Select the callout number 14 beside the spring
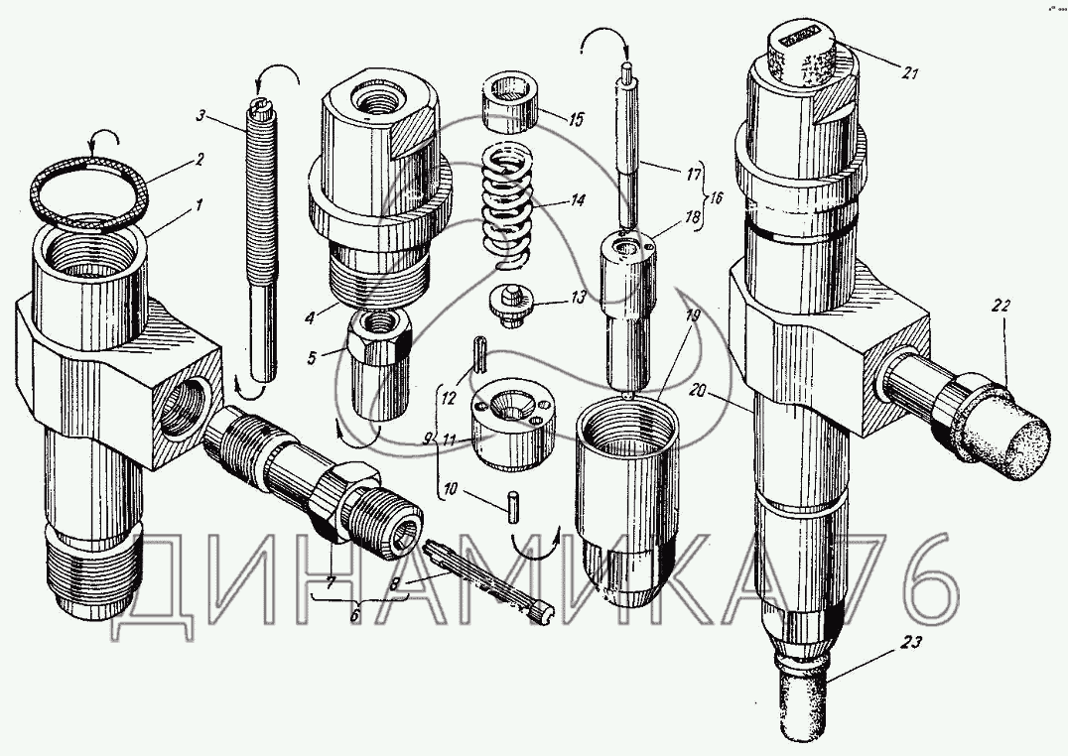tap(578, 201)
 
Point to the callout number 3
tap(200, 115)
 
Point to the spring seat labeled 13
tap(511, 307)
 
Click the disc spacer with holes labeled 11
tap(513, 425)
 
